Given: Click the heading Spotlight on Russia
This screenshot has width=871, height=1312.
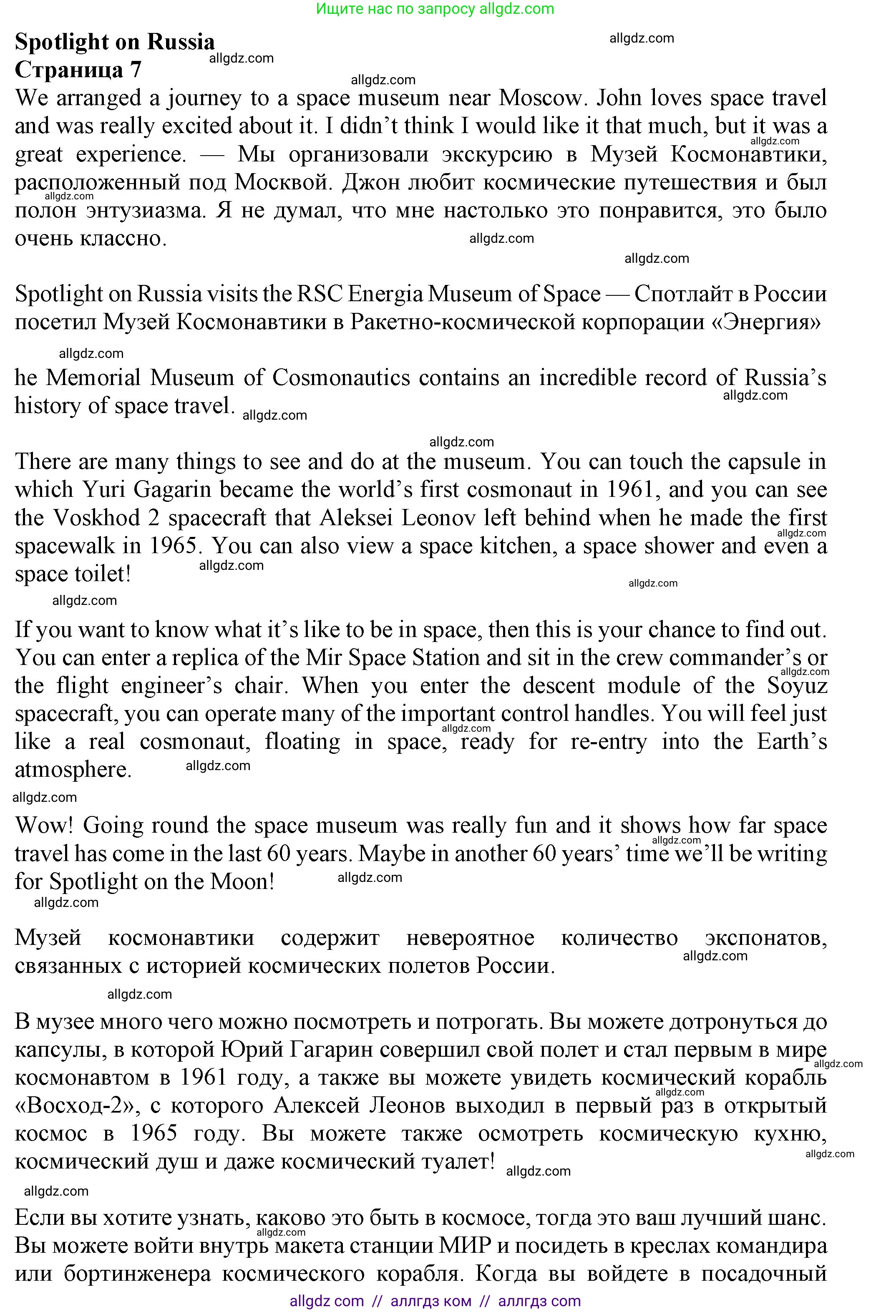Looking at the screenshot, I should (114, 42).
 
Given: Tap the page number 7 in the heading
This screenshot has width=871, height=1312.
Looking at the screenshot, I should (136, 70).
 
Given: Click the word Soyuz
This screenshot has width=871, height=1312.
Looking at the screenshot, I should (797, 685).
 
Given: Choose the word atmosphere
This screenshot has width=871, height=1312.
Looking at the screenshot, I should (73, 769).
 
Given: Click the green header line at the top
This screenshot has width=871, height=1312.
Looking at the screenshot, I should (435, 9).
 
